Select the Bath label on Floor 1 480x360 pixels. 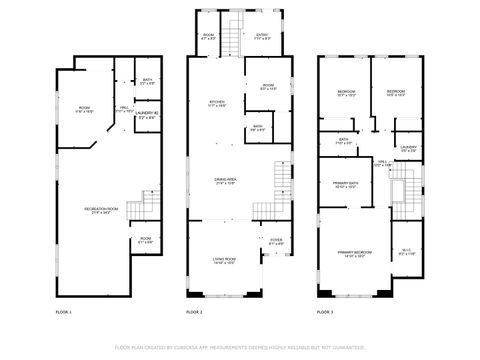click(x=147, y=81)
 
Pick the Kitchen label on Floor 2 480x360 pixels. click(x=216, y=103)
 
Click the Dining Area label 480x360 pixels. click(x=225, y=181)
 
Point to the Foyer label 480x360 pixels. click(x=276, y=241)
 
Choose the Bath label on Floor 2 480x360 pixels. click(x=257, y=128)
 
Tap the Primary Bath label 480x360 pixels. click(x=346, y=185)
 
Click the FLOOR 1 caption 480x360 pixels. click(x=64, y=313)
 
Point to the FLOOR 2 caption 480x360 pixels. click(x=194, y=313)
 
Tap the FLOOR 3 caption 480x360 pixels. click(x=325, y=313)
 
